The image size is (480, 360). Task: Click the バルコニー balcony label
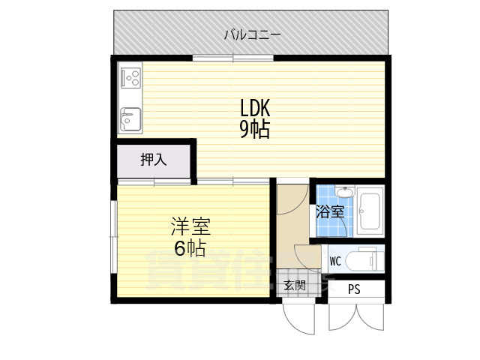pos(251,34)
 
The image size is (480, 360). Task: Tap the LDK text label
pos(254,107)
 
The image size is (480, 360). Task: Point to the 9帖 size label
pos(254,129)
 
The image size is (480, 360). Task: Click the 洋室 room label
pos(190,226)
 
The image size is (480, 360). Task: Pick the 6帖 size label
pos(190,247)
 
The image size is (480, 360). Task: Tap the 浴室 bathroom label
pos(331,211)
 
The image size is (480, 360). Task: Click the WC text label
pos(335,261)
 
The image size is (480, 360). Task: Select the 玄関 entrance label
pos(294,285)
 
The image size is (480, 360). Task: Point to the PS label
pos(353,289)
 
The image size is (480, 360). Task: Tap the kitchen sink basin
pos(130,118)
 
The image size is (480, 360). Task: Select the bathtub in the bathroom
pos(370,211)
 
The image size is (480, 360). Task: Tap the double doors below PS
pos(356,315)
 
